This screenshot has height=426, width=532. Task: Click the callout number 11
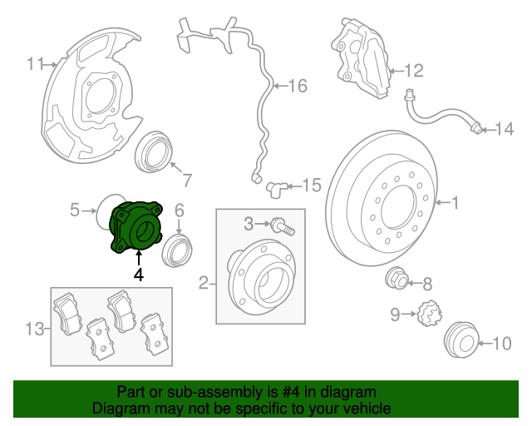point(35,63)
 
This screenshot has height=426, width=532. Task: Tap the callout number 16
point(297,85)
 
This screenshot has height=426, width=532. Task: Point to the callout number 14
point(505,129)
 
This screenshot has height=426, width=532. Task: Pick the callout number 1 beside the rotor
point(455,201)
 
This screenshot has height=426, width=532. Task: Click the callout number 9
point(397,314)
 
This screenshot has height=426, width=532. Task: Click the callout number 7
point(187,179)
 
